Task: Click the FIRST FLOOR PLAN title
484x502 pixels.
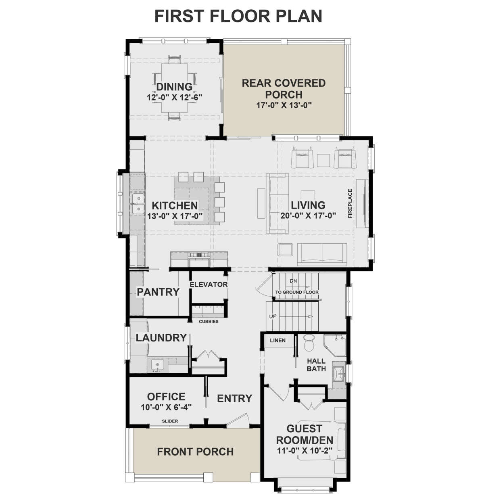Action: [238, 16]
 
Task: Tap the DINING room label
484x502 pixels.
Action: [174, 87]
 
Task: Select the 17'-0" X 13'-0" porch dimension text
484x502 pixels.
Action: [284, 105]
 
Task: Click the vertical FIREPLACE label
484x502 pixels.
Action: [350, 203]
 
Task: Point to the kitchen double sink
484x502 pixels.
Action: [138, 204]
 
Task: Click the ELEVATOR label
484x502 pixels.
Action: [209, 284]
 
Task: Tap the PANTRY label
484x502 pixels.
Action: [158, 292]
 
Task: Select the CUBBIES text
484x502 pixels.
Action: [209, 322]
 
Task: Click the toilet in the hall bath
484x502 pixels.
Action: [309, 343]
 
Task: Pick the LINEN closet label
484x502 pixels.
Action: [277, 341]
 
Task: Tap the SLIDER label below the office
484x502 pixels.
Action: [170, 421]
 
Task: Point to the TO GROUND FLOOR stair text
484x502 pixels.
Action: [296, 292]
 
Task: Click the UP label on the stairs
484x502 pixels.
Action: [273, 316]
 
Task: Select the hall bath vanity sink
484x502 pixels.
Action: [338, 371]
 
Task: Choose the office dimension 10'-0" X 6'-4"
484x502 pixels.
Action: [166, 407]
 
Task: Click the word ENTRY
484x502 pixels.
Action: [234, 399]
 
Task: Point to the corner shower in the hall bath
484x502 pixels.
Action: [335, 345]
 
